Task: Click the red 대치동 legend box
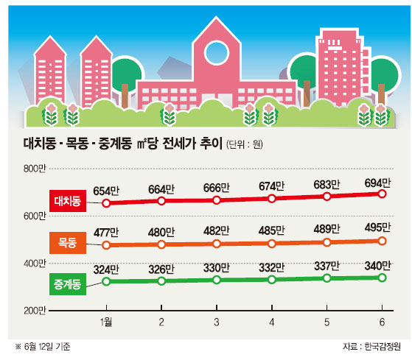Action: (x=68, y=201)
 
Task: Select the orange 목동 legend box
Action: (x=68, y=243)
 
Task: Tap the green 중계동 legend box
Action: (x=68, y=284)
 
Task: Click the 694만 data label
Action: (x=377, y=183)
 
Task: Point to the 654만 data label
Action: (x=106, y=191)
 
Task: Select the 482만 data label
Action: (x=217, y=231)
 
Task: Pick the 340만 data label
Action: (x=377, y=266)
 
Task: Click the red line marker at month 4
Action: (x=272, y=198)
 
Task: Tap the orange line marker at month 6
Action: (x=382, y=241)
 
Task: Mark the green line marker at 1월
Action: (x=106, y=281)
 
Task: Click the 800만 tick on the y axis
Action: (x=35, y=169)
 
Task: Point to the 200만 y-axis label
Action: (x=35, y=311)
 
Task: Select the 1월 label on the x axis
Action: (x=106, y=322)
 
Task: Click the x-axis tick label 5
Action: (x=327, y=322)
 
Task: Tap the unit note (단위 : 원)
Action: (x=245, y=144)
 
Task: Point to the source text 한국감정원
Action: (x=383, y=346)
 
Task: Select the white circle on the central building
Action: (x=217, y=53)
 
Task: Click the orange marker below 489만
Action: (x=327, y=242)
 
